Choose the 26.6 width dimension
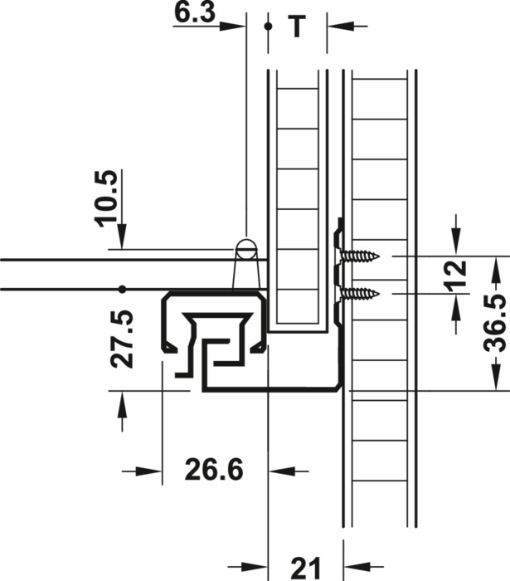click(213, 471)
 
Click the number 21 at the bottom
click(304, 568)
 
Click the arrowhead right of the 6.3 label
click(239, 26)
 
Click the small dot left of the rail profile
click(122, 290)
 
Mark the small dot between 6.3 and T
click(266, 26)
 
